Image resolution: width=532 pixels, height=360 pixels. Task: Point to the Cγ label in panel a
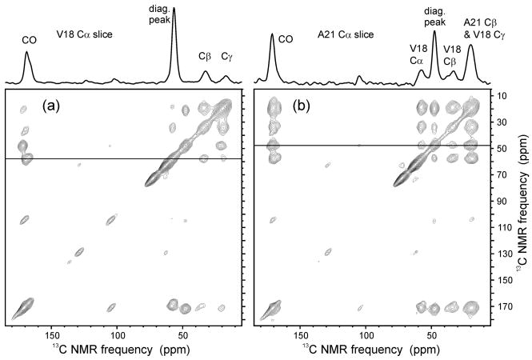226,57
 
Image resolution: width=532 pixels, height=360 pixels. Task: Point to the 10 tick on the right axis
502,96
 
